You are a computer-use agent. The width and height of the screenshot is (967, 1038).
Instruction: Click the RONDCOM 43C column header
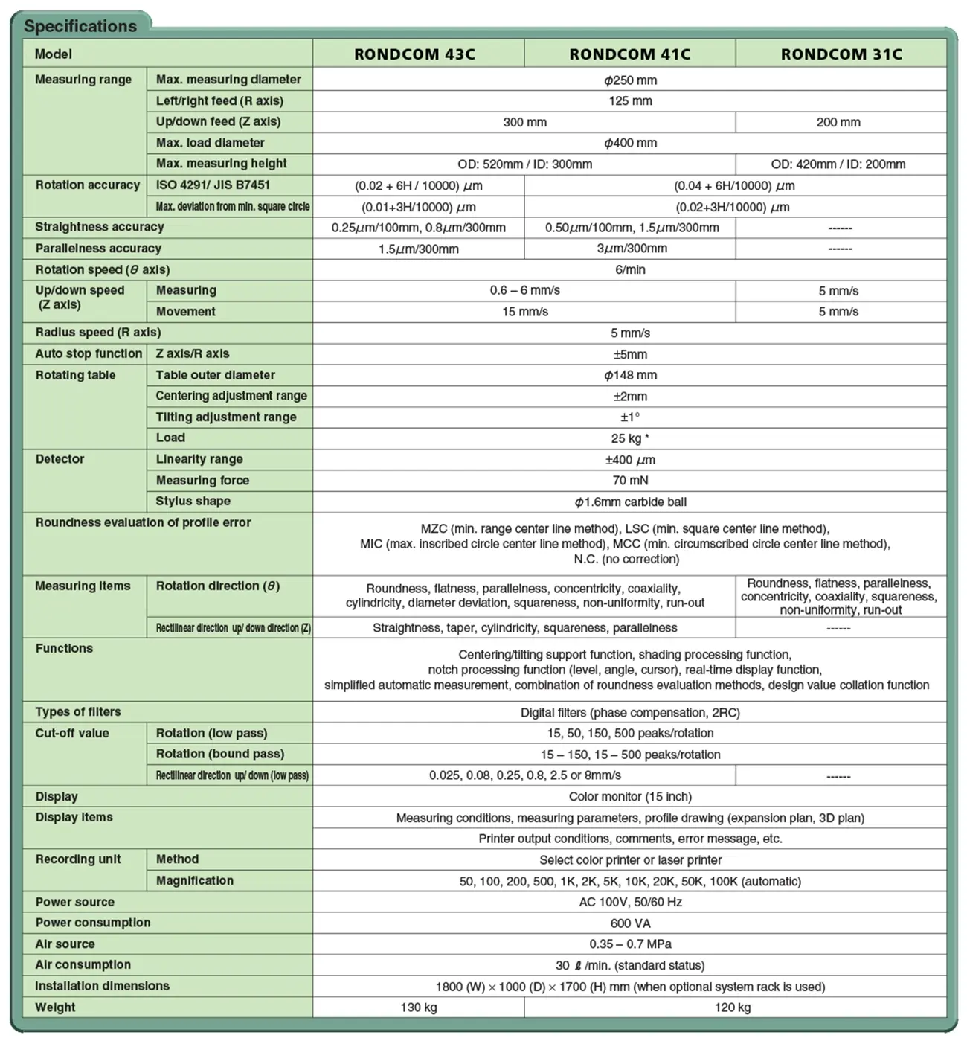(414, 54)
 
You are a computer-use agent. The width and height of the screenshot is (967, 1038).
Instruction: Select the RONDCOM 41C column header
(629, 54)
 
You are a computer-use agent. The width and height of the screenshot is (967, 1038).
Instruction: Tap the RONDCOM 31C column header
(841, 54)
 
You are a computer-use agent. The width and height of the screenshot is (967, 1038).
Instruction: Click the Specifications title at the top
(80, 26)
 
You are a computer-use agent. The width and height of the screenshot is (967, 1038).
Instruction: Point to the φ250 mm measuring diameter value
(630, 80)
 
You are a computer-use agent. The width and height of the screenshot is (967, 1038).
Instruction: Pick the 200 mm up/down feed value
(838, 122)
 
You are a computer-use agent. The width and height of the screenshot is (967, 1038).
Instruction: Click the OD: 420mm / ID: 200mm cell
(838, 164)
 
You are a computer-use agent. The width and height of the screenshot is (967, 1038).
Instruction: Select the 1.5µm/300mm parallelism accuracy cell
(418, 249)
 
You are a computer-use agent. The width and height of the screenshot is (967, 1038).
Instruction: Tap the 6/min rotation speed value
(630, 269)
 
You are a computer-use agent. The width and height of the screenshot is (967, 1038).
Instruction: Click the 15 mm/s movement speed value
(524, 312)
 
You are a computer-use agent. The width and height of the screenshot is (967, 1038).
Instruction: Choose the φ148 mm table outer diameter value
(630, 375)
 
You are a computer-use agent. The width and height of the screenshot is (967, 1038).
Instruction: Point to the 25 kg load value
(629, 438)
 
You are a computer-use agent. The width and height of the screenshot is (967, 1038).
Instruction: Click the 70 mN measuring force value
(630, 481)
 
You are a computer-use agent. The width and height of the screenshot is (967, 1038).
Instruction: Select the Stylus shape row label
(193, 502)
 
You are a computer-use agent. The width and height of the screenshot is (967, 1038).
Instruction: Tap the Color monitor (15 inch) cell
(630, 797)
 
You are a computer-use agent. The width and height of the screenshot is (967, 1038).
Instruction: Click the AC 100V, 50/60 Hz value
(630, 902)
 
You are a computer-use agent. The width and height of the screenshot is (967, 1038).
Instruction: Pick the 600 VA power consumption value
(630, 923)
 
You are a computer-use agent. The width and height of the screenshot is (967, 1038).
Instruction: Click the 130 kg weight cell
(418, 1007)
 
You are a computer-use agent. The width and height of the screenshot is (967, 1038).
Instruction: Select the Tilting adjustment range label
(225, 417)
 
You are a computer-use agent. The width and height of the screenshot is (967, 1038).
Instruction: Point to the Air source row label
(65, 944)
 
